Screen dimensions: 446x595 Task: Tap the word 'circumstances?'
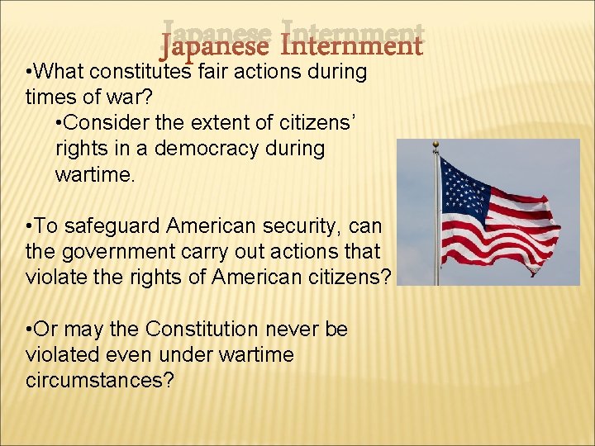[100, 381]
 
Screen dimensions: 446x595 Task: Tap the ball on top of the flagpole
[436, 145]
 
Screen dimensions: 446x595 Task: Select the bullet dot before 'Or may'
[30, 330]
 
